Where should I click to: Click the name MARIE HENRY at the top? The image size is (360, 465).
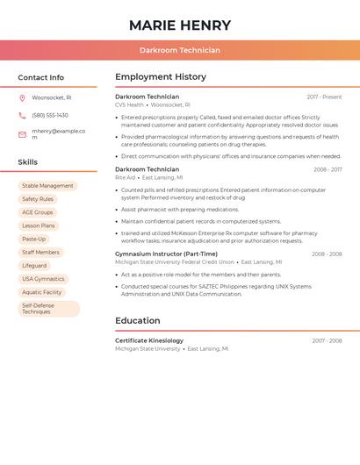[x=180, y=25]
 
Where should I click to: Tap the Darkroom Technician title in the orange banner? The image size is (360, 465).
[x=180, y=50]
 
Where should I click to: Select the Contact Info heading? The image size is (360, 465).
[x=41, y=77]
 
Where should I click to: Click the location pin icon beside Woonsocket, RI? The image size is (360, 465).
[x=22, y=97]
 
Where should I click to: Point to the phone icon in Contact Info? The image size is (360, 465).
[x=22, y=115]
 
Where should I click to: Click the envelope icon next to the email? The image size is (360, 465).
[x=22, y=134]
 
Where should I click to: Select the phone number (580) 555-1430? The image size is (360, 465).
[x=50, y=115]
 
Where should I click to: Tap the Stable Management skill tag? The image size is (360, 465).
[x=47, y=186]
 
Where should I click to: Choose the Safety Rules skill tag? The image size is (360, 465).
[x=38, y=199]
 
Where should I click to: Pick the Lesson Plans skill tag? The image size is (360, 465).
[x=39, y=225]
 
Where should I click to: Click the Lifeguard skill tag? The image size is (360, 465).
[x=34, y=265]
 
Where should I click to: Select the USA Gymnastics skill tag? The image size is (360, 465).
[x=43, y=279]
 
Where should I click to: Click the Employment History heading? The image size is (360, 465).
[x=161, y=77]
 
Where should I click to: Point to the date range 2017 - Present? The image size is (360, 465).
[x=324, y=97]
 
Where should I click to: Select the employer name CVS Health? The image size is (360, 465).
[x=129, y=104]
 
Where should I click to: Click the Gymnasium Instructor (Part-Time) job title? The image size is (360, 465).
[x=166, y=254]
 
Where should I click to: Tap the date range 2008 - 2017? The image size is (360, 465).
[x=328, y=169]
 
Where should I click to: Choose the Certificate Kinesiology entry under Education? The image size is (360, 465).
[x=149, y=340]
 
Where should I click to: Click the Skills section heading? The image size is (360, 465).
[x=28, y=162]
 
